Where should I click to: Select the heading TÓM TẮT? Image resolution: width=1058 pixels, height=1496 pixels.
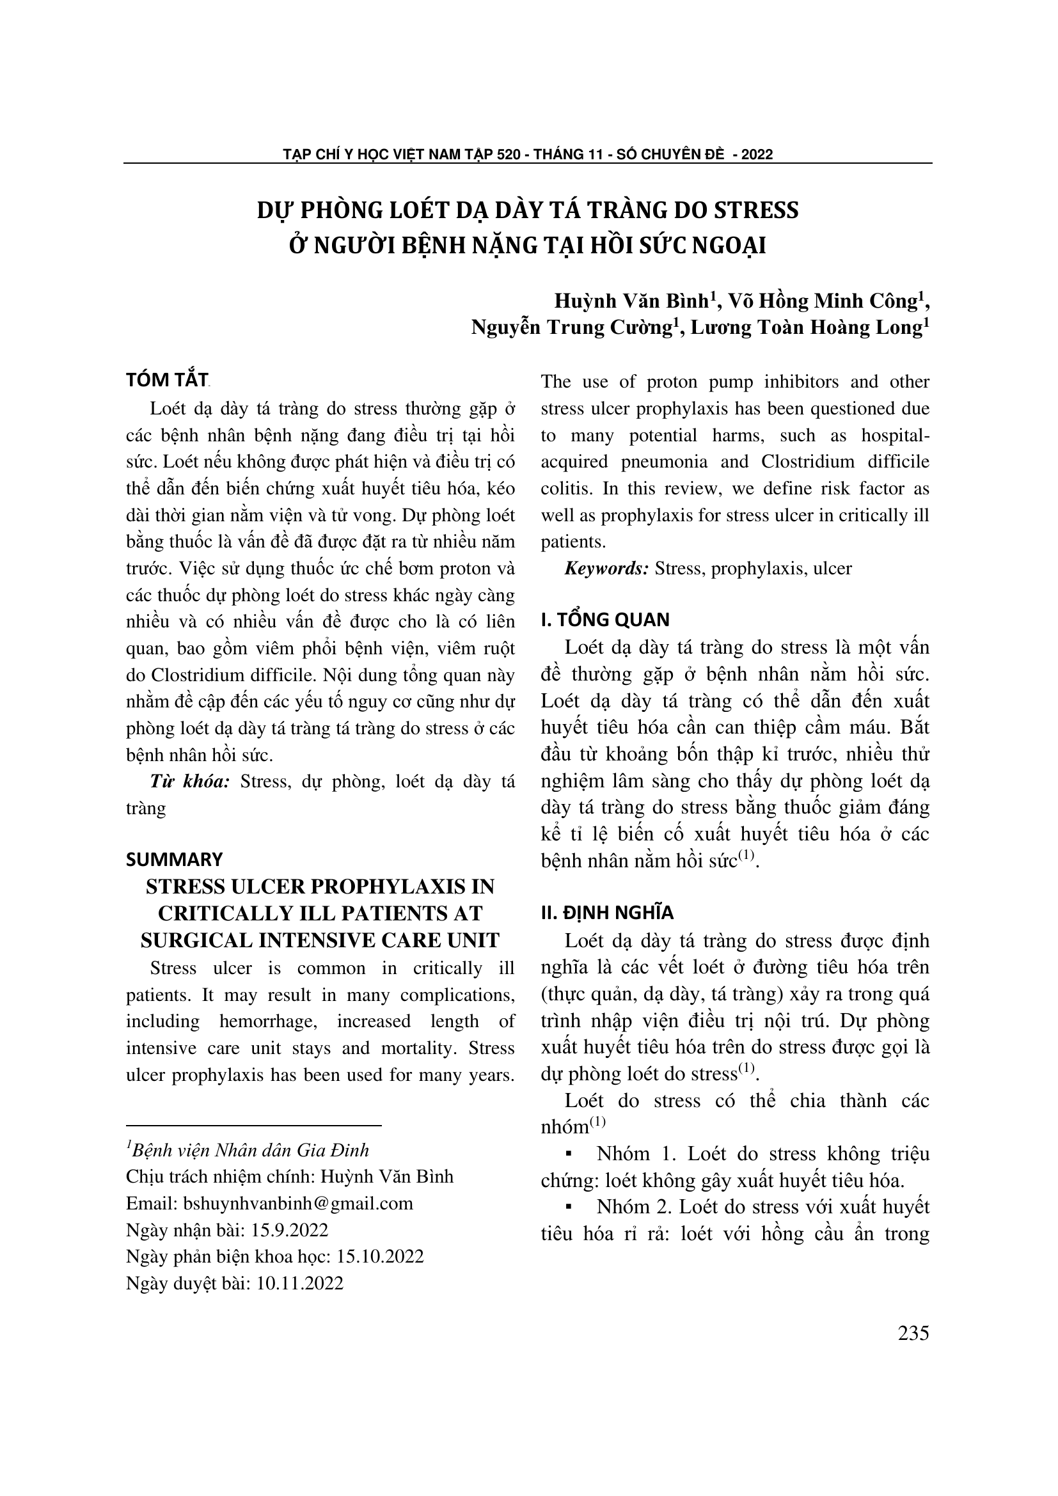[x=167, y=380]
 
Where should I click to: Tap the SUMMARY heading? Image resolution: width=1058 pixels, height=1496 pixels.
[x=174, y=859]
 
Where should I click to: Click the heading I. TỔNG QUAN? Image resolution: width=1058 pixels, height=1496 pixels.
[x=605, y=620]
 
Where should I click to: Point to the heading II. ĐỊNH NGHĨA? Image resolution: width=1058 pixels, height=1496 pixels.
[x=607, y=913]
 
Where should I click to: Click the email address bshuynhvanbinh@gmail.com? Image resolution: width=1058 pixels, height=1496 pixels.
[x=297, y=1203]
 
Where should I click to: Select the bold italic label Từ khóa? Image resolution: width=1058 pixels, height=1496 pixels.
[x=189, y=780]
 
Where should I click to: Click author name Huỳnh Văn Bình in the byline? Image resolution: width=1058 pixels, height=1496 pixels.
[x=631, y=301]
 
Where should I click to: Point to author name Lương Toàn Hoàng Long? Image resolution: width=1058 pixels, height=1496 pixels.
[x=806, y=327]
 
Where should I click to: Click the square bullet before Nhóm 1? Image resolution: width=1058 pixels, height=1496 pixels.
[x=569, y=1154]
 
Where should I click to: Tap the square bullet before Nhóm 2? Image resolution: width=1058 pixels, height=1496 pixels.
[x=569, y=1208]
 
